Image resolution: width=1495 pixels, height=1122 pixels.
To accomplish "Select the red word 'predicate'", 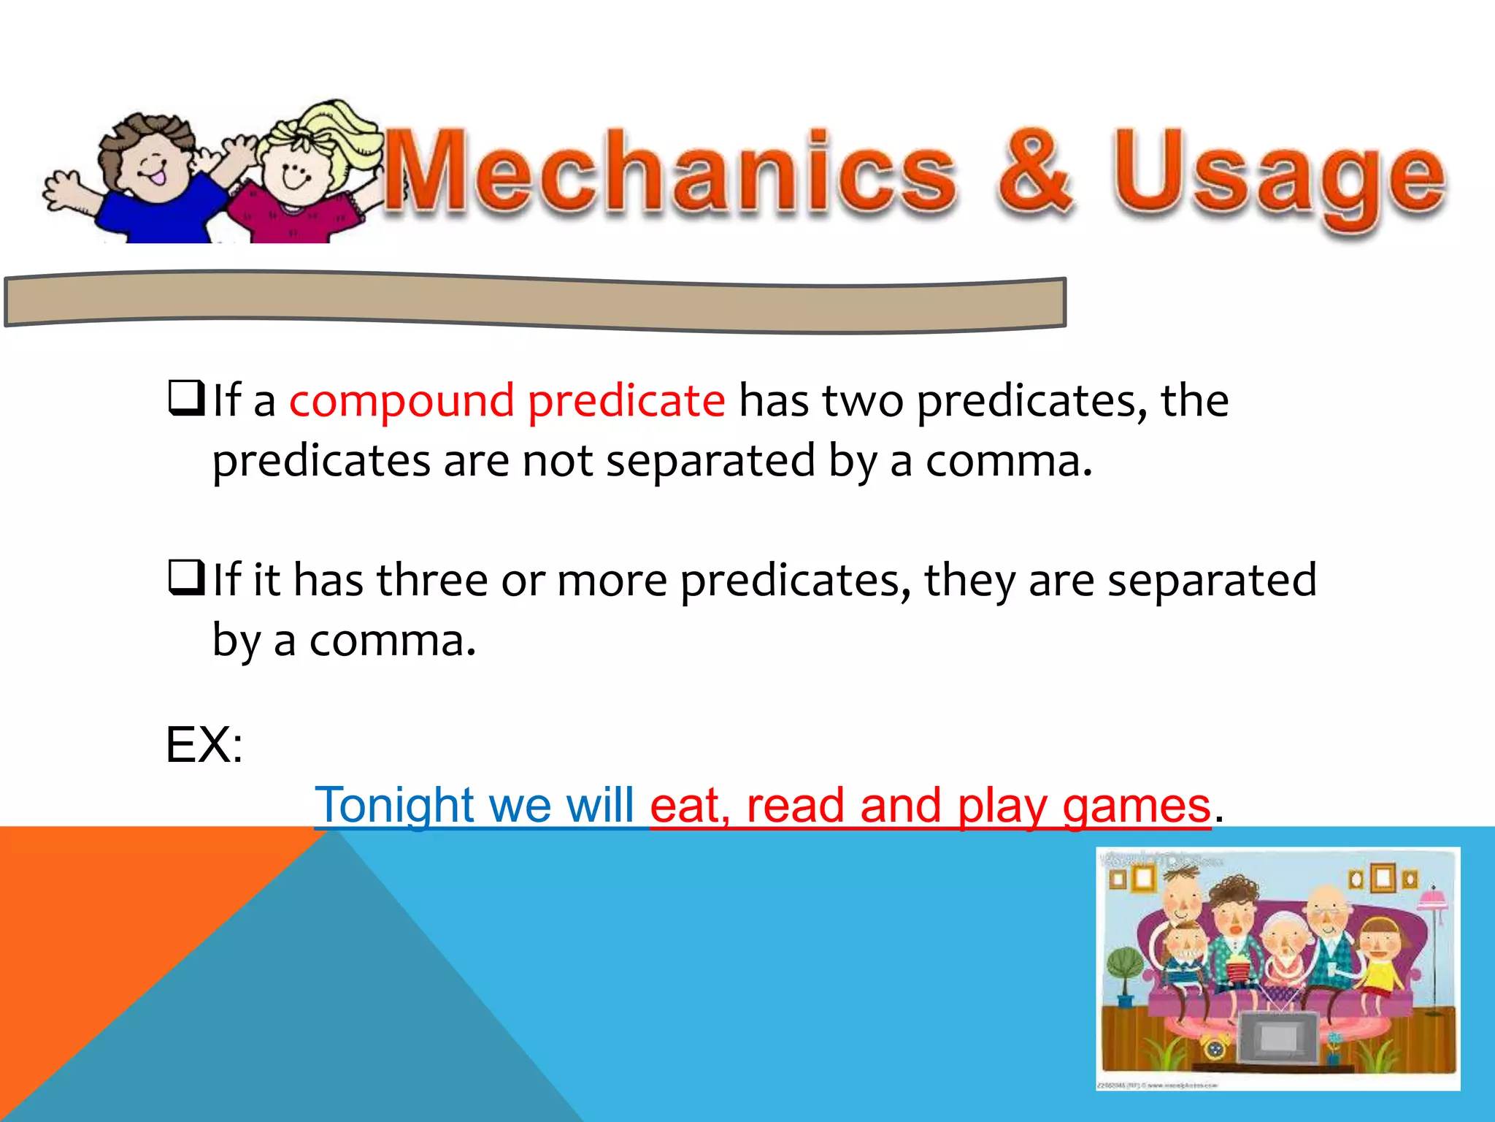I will (626, 401).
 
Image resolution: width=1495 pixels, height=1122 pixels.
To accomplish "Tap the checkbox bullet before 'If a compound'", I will (185, 398).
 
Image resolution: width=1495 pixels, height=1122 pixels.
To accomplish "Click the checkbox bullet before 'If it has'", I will (185, 578).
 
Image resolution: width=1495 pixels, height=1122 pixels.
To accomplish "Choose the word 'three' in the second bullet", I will (432, 580).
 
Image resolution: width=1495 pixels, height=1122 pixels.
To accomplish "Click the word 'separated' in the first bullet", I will (710, 462).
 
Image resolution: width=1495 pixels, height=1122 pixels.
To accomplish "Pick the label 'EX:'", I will (204, 745).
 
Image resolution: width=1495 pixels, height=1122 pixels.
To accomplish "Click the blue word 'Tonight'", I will (394, 806).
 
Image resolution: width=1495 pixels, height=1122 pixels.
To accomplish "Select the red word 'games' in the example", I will (1137, 806).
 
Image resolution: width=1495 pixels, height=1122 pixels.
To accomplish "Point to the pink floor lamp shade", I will (1433, 899).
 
